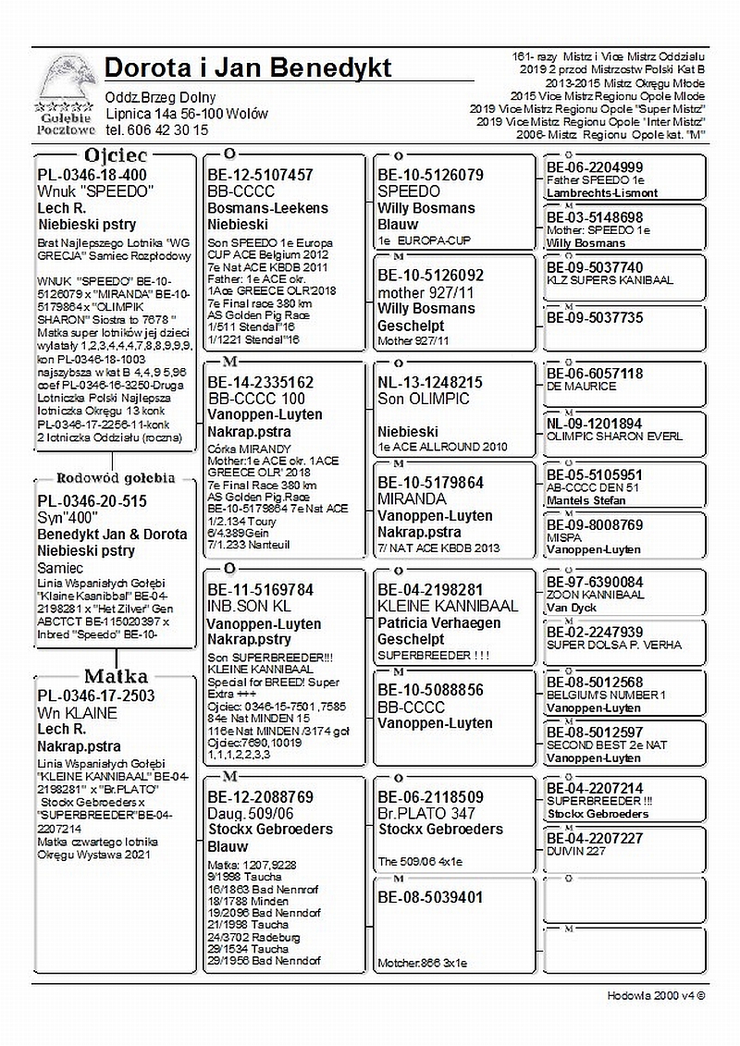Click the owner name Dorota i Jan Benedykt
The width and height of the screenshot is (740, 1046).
pyautogui.click(x=248, y=68)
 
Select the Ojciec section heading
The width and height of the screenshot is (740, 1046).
pyautogui.click(x=116, y=155)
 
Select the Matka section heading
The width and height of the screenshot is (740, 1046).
pyautogui.click(x=117, y=676)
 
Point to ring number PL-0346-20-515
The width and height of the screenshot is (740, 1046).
pyautogui.click(x=92, y=501)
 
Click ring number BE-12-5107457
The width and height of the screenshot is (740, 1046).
pyautogui.click(x=260, y=174)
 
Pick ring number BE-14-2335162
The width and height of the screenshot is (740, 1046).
pyautogui.click(x=260, y=381)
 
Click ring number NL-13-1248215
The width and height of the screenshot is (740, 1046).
pyautogui.click(x=430, y=381)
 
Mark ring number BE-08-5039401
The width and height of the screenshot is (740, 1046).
pyautogui.click(x=430, y=898)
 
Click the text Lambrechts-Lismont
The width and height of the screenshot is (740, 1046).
pyautogui.click(x=602, y=192)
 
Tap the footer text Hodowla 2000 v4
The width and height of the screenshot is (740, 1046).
pyautogui.click(x=657, y=995)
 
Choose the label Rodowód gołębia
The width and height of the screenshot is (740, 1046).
pyautogui.click(x=116, y=478)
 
